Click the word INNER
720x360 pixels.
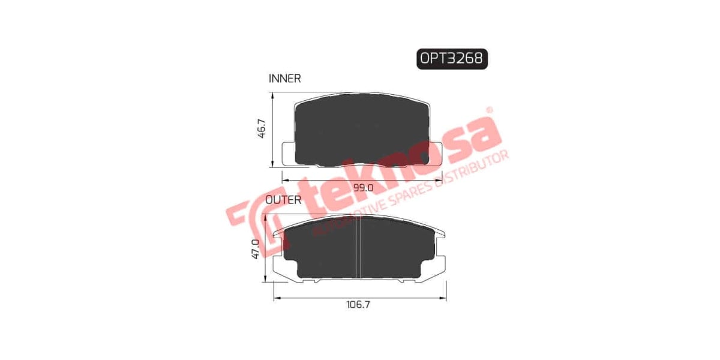pos(284,79)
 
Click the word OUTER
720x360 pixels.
pos(283,200)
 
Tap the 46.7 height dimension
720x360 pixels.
pos(261,130)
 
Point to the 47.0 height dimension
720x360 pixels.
pos(256,249)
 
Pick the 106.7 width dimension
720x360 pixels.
pos(358,305)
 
